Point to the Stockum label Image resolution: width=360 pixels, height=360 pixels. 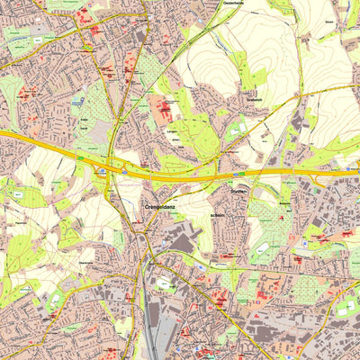(238, 191)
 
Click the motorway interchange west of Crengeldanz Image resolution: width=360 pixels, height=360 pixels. (112, 167)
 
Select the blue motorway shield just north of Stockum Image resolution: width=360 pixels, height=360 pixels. (239, 175)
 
